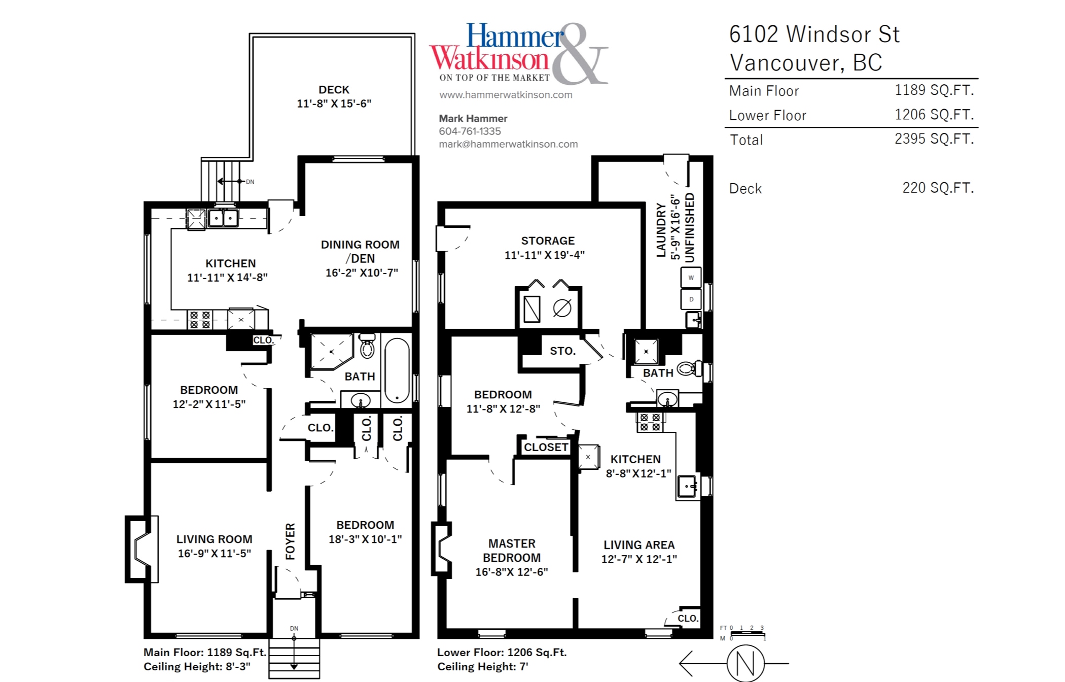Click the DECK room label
tap(334, 90)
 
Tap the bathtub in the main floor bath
tap(397, 371)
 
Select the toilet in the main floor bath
tap(367, 346)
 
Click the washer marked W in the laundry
tap(691, 278)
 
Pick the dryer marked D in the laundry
tap(691, 299)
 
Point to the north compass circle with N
tap(745, 663)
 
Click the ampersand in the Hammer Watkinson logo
tap(580, 53)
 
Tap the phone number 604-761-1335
tap(470, 131)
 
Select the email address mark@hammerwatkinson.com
tap(508, 144)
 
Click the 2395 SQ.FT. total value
tap(934, 139)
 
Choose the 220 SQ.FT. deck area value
tap(938, 188)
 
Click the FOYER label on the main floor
tap(290, 541)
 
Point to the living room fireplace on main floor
tap(141, 549)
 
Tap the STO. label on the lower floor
tap(563, 351)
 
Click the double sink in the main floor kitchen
tap(223, 218)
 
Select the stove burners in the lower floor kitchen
tap(650, 422)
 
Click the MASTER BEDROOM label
tap(512, 551)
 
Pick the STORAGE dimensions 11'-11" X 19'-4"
tap(545, 255)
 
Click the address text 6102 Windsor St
tap(814, 35)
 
